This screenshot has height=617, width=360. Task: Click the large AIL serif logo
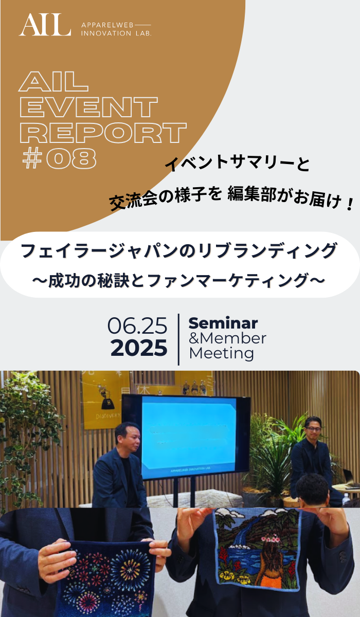[x=45, y=25]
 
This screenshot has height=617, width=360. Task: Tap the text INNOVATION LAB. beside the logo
[x=116, y=33]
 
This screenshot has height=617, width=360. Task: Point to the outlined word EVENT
[x=88, y=107]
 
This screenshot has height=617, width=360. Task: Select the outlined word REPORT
[x=103, y=133]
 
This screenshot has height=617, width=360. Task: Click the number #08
[x=60, y=159]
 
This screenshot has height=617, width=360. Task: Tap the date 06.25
[x=137, y=325]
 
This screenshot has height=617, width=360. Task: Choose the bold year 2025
[x=139, y=348]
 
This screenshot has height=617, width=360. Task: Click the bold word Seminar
[x=223, y=323]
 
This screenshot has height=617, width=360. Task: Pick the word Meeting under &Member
[x=222, y=353]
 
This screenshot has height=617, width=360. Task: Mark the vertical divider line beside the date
[x=178, y=339]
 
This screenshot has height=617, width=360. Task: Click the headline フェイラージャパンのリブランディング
[x=179, y=250]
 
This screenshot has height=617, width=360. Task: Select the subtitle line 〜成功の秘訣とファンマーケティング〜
[x=179, y=280]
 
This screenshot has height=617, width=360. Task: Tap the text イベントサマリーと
[x=238, y=164]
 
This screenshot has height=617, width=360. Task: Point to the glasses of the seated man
[x=313, y=429]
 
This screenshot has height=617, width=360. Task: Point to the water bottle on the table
[x=346, y=500]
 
